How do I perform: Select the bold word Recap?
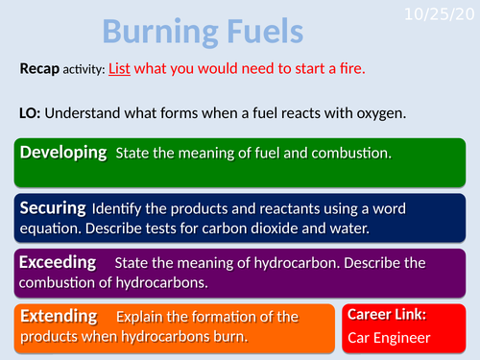tap(41, 70)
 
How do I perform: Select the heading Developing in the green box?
tap(63, 153)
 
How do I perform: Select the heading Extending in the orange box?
tap(59, 315)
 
